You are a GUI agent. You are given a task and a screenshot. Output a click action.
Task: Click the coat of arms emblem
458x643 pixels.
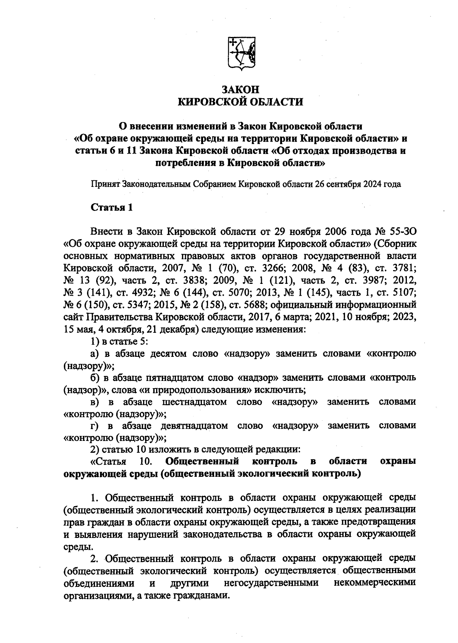[241, 54]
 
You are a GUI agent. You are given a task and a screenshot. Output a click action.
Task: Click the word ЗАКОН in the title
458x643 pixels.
[241, 90]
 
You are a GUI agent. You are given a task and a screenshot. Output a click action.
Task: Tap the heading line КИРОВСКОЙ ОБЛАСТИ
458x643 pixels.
[241, 102]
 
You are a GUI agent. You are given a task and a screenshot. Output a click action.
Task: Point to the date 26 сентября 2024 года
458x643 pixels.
[358, 184]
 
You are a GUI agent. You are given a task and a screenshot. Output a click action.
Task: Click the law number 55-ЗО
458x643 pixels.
[404, 232]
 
